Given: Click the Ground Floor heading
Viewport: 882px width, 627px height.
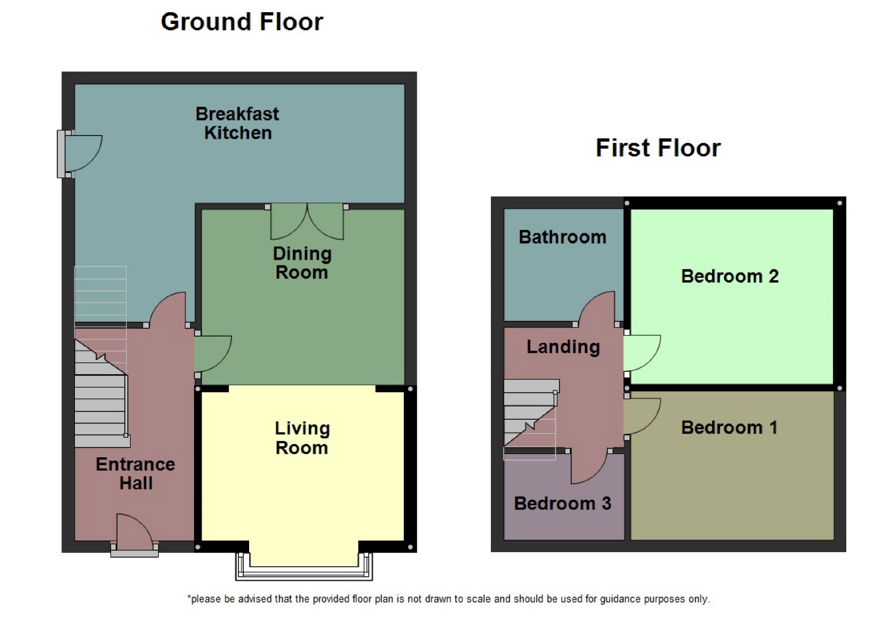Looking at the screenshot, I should point(242,22).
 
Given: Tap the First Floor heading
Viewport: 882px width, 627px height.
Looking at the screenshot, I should point(658,148).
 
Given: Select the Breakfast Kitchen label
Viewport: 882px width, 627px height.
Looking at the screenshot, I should point(237,124).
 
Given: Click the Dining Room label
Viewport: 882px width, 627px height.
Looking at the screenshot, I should point(302,263).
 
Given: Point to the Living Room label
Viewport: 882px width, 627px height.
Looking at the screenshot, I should point(302,438).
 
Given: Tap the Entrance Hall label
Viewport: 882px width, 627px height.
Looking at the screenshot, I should point(135,473).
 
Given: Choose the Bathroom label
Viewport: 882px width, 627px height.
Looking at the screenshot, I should point(562,237).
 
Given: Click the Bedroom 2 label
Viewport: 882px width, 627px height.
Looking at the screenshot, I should point(730,276).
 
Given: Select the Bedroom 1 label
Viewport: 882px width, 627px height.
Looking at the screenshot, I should point(729,428).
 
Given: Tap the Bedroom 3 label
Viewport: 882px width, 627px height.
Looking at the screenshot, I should point(562,503).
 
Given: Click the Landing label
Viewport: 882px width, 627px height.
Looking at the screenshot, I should point(563,347).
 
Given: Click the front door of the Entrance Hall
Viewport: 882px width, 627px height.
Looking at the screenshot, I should point(134,535).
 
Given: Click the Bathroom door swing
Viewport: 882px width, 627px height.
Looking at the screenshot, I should point(599,309).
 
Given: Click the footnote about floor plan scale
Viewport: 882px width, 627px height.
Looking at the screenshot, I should point(449,599).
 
